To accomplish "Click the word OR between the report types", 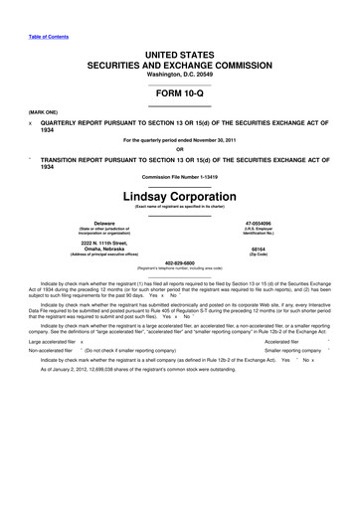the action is coord(180,150).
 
